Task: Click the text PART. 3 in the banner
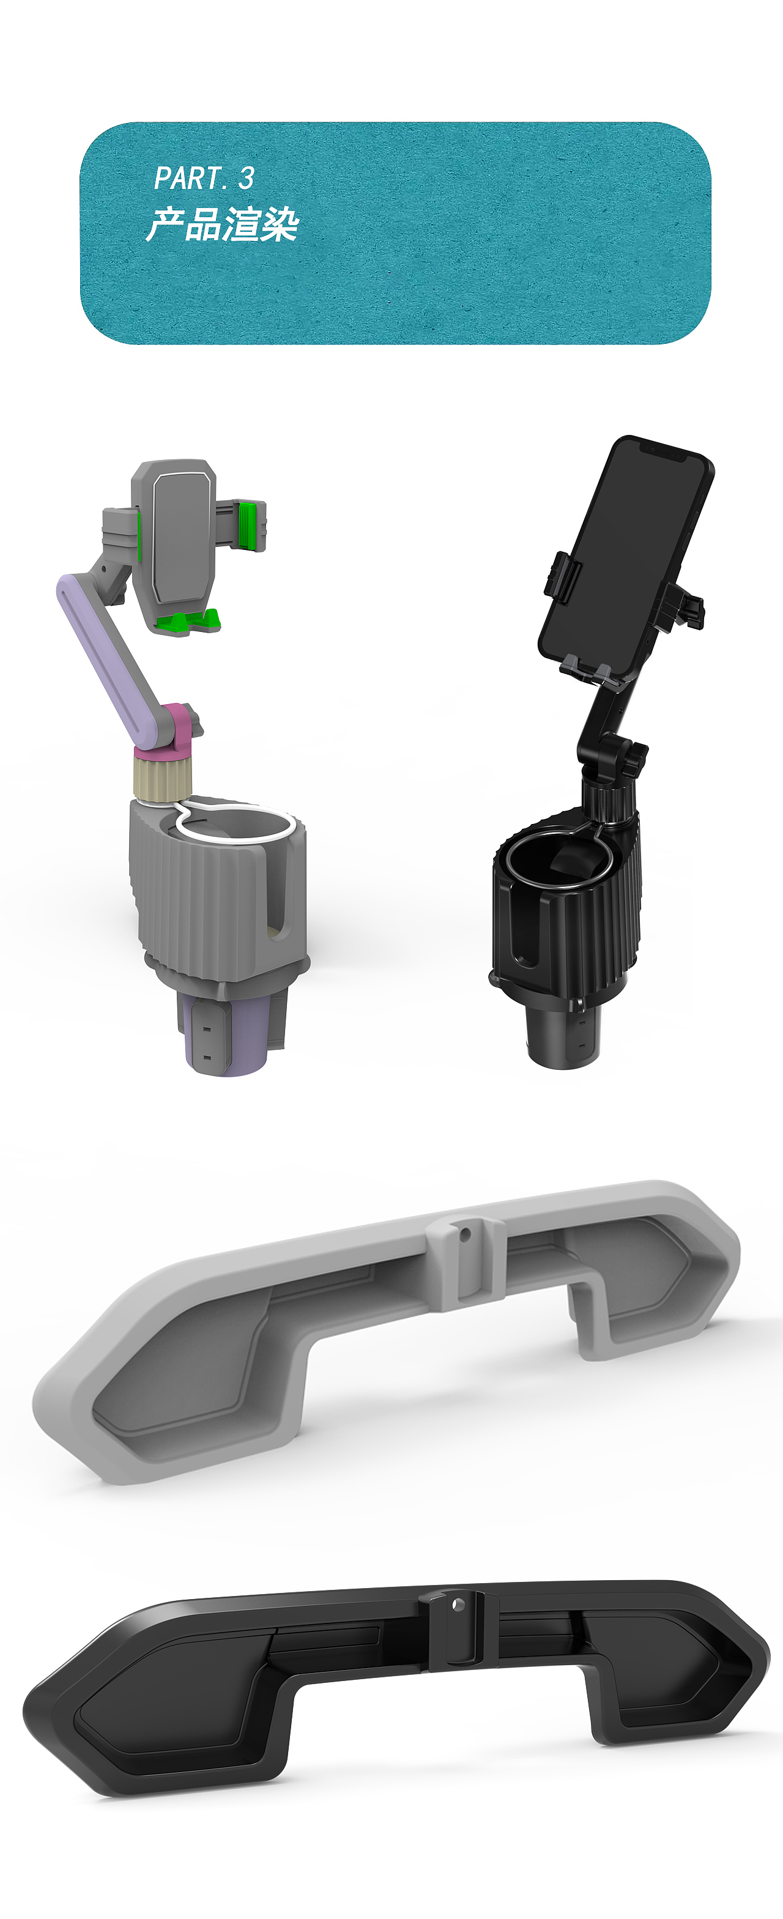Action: pos(203,178)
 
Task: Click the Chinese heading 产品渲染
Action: pos(222,225)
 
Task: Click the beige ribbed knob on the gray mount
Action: pos(162,774)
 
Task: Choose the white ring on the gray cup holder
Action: pos(231,823)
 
